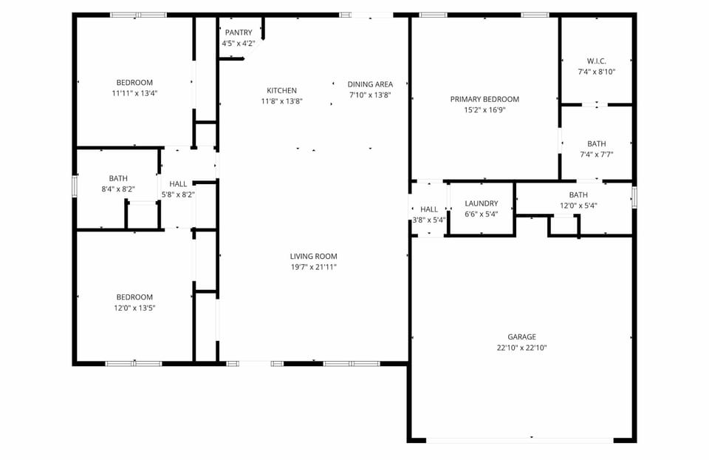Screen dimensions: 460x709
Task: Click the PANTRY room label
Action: coord(239,33)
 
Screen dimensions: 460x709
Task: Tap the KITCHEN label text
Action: coord(281,91)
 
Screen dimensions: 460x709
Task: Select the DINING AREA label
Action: coord(370,84)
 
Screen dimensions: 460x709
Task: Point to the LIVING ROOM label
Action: coord(313,257)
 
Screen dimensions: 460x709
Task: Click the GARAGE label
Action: coord(521,336)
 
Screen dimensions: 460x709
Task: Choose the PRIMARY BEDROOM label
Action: coord(484,99)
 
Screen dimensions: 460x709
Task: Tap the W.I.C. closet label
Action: coord(596,61)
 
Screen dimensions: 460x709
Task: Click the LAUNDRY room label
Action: coord(481,203)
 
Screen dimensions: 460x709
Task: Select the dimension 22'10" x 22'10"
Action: coord(521,348)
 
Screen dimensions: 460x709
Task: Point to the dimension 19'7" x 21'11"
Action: coord(313,267)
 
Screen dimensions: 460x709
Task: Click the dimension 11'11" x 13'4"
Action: coord(134,93)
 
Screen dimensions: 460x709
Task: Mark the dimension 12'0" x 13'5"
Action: coord(134,308)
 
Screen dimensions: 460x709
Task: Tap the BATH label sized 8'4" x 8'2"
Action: coord(118,178)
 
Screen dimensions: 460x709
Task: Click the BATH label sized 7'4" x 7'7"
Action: coord(596,144)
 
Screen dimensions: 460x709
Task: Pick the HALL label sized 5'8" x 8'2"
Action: coord(178,184)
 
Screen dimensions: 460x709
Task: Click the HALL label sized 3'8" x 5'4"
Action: coord(429,209)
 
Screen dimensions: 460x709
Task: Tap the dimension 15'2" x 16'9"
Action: coord(484,109)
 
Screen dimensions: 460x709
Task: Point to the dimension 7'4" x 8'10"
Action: coord(596,72)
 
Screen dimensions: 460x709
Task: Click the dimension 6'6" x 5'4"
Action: coord(481,214)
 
